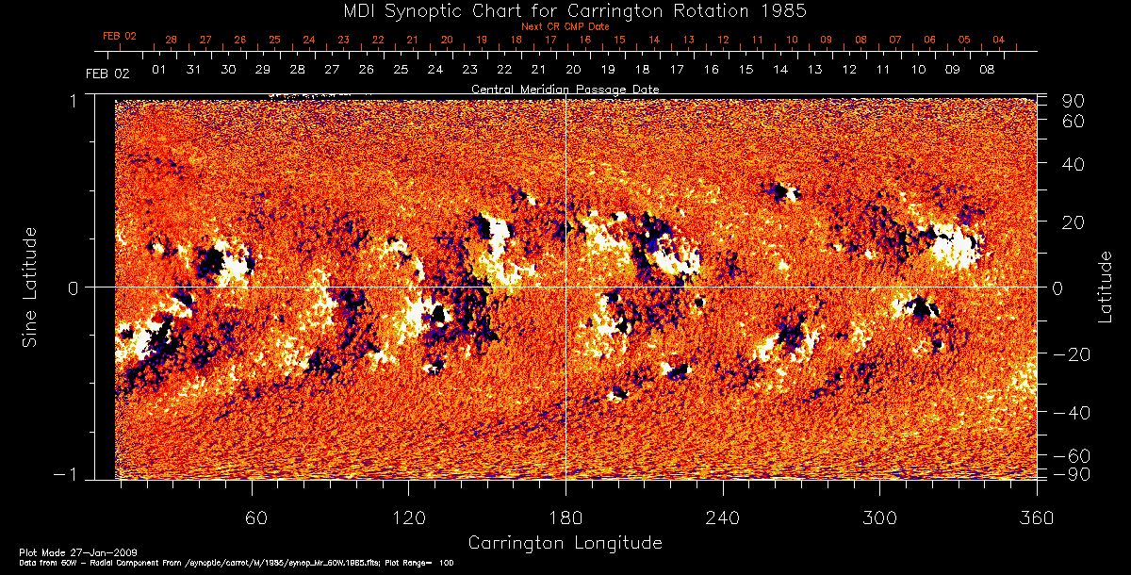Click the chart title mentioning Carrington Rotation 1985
[565, 11]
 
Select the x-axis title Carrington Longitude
[565, 543]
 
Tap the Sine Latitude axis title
[30, 287]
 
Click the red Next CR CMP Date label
[565, 26]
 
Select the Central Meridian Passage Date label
[565, 89]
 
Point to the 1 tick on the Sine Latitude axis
[72, 100]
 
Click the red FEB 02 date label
[120, 36]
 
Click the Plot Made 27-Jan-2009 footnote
[59, 550]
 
